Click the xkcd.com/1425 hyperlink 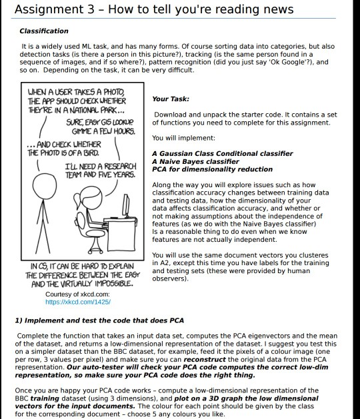pos(78,302)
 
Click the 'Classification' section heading pos(44,31)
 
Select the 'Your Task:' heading pos(171,99)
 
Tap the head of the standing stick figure pos(45,186)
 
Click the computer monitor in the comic pos(126,205)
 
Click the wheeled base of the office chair pos(95,248)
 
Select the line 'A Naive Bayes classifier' pos(195,161)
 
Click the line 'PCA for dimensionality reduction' pos(213,169)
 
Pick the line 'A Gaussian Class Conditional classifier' pos(223,154)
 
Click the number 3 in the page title pos(91,9)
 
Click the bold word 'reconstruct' pos(205,360)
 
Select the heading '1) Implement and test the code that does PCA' pos(99,320)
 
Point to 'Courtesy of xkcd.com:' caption pos(77,294)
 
